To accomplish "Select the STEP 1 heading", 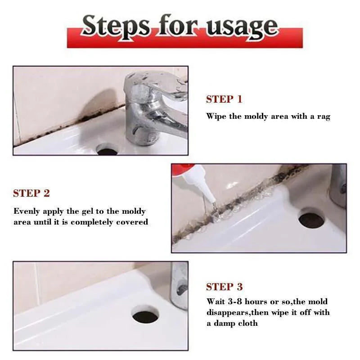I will point(224,99).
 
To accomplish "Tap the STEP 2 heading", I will point(31,193).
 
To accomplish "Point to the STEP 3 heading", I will point(224,287).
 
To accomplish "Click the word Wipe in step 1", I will point(216,116).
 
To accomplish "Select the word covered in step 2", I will point(132,222).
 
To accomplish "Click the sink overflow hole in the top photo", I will point(107,149).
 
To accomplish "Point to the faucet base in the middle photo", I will point(338,184).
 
